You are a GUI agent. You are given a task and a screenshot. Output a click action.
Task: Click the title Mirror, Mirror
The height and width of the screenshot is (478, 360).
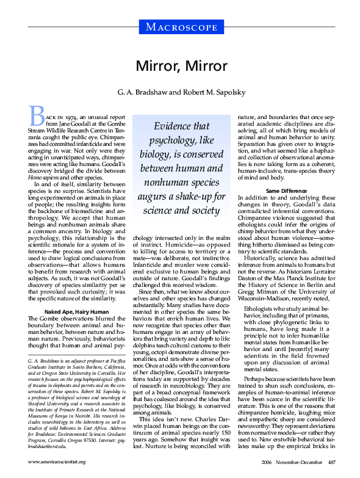click(x=180, y=67)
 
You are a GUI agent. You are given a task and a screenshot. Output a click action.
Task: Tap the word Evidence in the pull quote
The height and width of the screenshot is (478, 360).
click(x=173, y=125)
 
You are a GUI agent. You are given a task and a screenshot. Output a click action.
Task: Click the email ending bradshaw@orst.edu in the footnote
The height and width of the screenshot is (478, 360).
click(x=51, y=442)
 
